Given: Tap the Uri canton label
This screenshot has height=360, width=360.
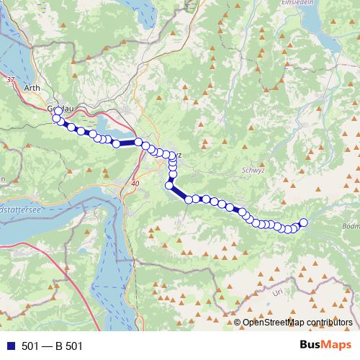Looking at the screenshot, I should pos(278,293).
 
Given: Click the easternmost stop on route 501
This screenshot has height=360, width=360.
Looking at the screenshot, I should pos(303,222).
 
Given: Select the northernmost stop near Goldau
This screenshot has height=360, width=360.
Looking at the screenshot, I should pos(58,111).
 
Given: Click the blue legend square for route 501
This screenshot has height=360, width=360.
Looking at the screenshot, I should pos(8,346).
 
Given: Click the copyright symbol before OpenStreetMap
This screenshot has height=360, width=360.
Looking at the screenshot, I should pos(238,323).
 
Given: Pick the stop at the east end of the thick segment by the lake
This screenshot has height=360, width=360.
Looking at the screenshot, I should pos(138,142).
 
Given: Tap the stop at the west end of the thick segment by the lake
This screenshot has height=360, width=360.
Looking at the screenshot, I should pos(116,144).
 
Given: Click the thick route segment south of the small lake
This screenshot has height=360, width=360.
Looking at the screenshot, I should pos(127,143).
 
